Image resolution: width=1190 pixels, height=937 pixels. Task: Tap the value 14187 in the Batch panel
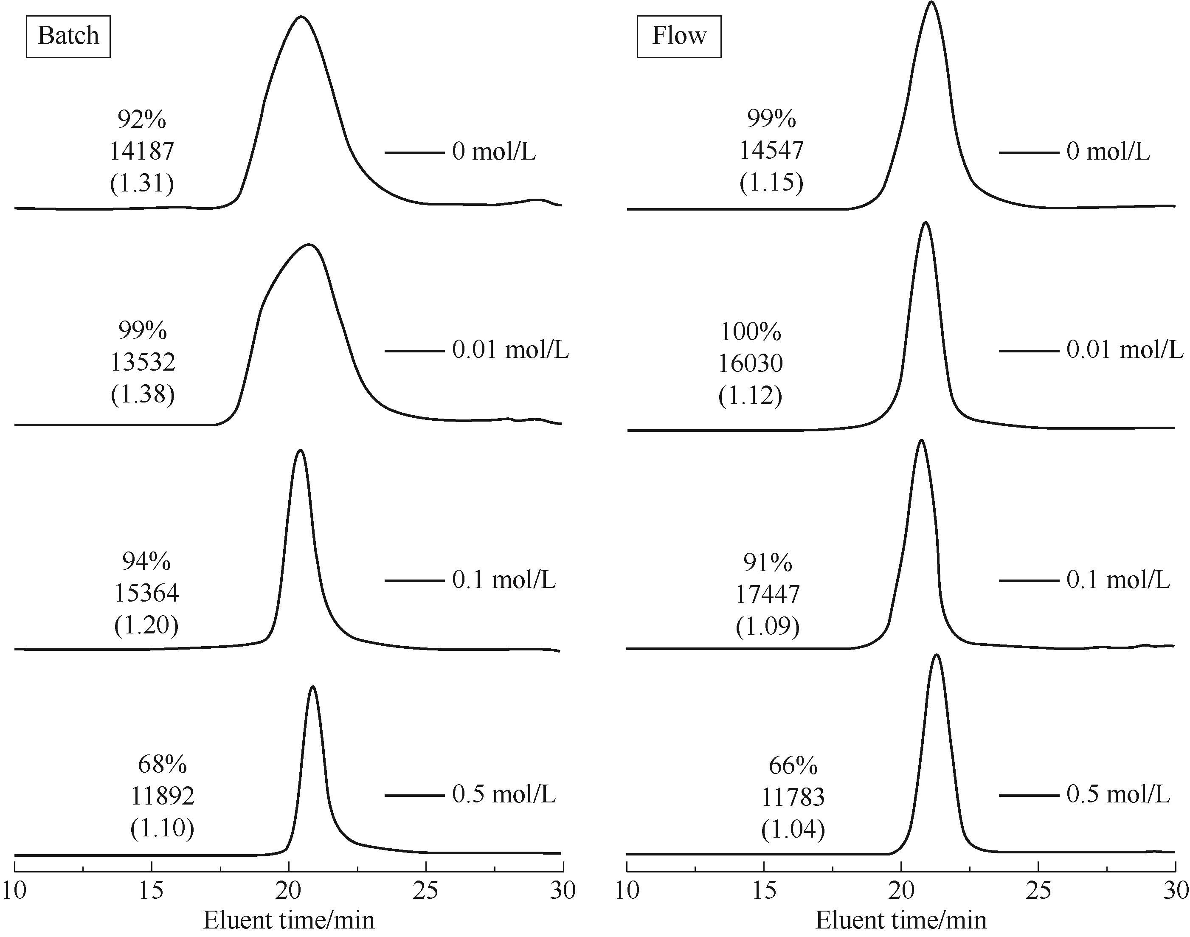[x=142, y=151]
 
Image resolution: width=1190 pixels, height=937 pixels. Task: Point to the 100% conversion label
[x=751, y=331]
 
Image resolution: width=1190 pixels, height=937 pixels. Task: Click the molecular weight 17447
[x=768, y=594]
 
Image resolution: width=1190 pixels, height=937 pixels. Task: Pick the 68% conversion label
[x=163, y=764]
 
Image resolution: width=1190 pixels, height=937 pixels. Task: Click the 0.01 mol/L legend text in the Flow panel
[x=1125, y=350]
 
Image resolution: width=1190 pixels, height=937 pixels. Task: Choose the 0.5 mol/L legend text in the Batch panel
[x=504, y=794]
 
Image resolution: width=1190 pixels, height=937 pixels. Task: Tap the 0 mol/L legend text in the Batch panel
[x=494, y=152]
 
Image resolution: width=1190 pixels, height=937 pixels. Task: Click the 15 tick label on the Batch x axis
[x=152, y=891]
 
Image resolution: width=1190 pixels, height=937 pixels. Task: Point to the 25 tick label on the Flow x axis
[x=1038, y=891]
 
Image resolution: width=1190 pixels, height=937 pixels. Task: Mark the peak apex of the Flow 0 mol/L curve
[x=931, y=2]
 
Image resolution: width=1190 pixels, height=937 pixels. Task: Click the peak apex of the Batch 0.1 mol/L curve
[x=300, y=450]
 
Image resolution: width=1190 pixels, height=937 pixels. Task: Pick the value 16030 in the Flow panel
[x=751, y=363]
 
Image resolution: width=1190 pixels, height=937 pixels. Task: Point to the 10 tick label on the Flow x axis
[x=627, y=891]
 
